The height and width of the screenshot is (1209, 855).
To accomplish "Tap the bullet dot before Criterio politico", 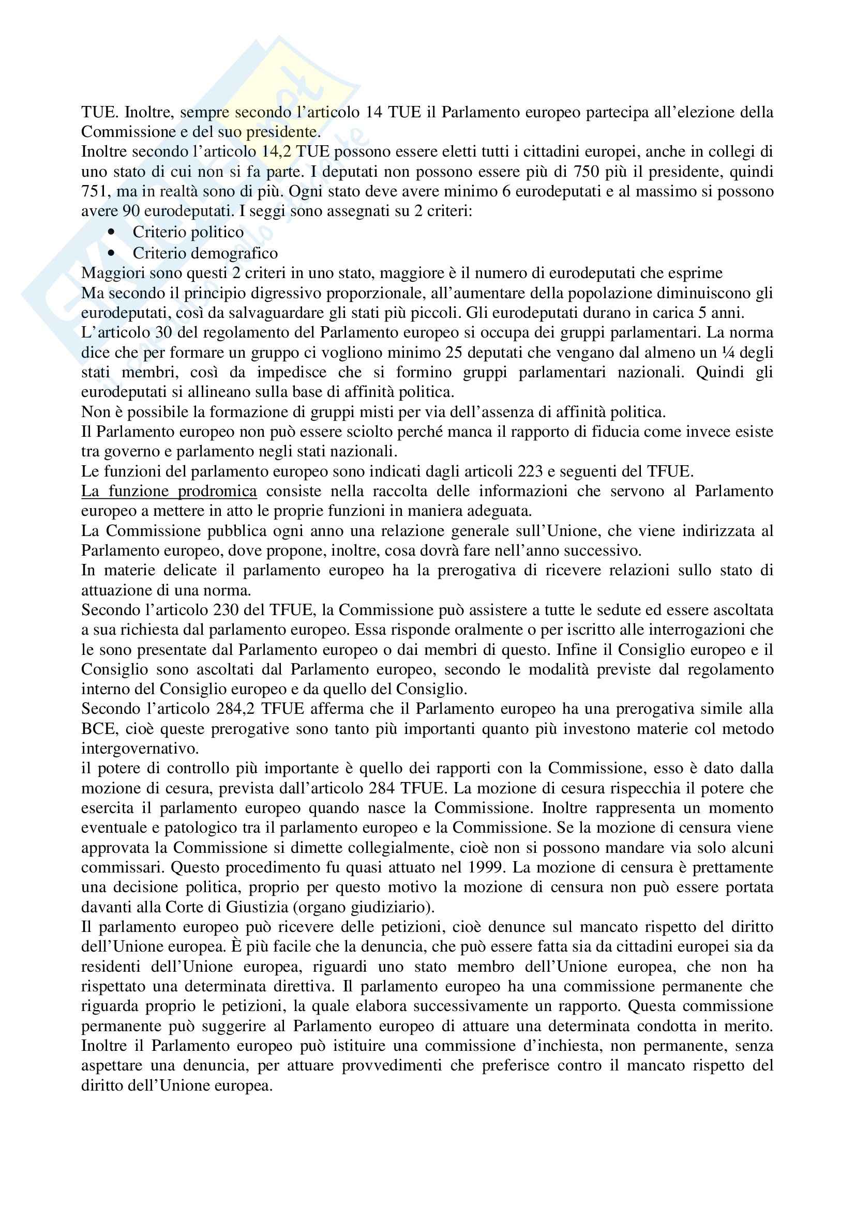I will point(111,232).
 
